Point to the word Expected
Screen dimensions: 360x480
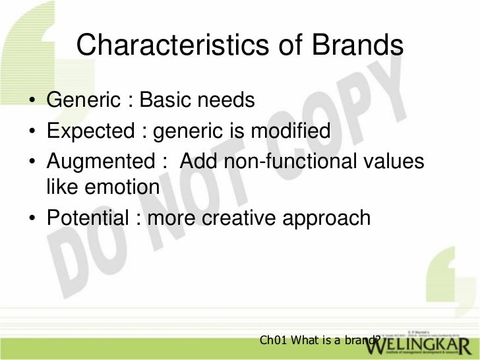click(90, 132)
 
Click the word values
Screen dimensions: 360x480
click(393, 162)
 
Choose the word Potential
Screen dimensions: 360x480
click(86, 218)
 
